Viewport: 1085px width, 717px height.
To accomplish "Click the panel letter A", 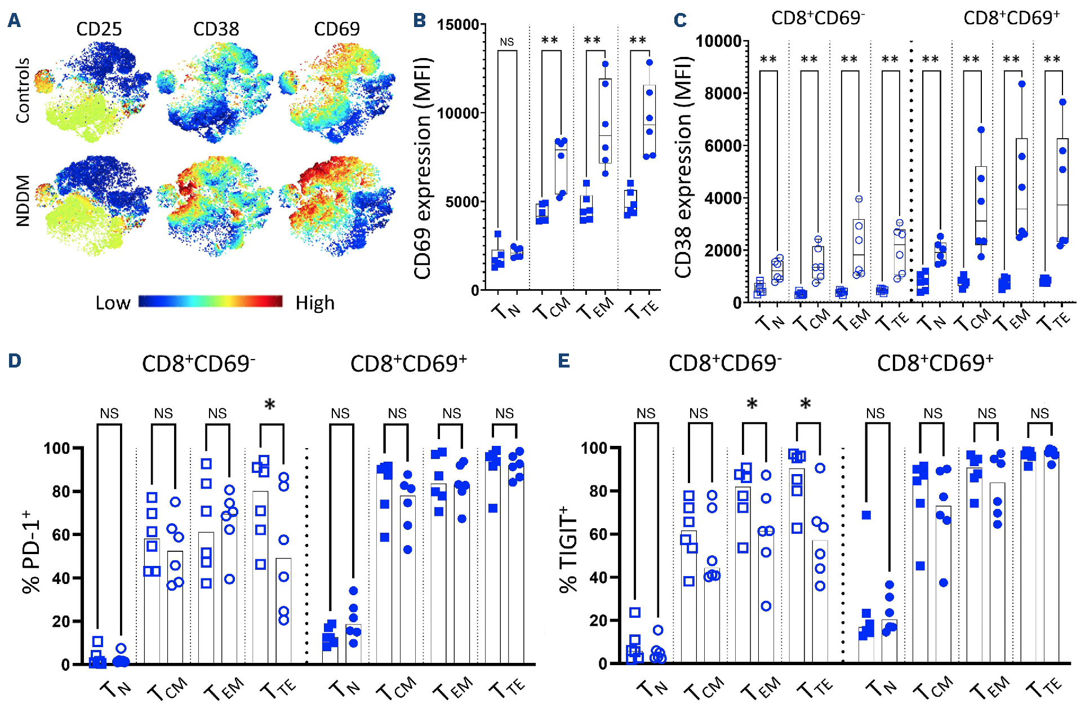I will point(14,21).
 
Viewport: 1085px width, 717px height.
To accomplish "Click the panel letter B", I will point(419,21).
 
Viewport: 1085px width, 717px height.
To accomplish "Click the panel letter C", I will point(680,21).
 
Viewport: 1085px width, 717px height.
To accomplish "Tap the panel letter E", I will point(564,361).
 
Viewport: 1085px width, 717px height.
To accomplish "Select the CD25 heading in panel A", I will point(99,29).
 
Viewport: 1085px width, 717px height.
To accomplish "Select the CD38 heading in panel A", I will point(216,29).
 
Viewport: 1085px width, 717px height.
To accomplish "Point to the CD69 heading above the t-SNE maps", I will point(336,29).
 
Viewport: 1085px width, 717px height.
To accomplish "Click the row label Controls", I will point(23,90).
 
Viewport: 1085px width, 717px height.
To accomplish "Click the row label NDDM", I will point(23,201).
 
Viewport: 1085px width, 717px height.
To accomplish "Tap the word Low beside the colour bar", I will point(113,303).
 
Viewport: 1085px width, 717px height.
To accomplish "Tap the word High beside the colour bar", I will point(315,303).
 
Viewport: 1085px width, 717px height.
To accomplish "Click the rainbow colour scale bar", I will point(211,301).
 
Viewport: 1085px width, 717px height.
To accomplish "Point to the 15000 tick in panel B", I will point(457,25).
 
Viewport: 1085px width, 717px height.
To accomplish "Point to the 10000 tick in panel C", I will point(718,41).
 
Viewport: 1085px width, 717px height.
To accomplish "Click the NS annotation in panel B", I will point(506,42).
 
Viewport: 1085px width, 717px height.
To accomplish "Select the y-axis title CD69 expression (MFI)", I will point(423,168).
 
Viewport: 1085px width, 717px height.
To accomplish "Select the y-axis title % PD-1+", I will point(31,552).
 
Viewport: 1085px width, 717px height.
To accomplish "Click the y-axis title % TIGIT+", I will point(568,550).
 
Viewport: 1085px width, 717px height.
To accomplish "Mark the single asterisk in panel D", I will point(270,405).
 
